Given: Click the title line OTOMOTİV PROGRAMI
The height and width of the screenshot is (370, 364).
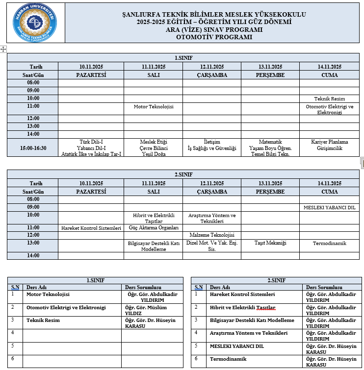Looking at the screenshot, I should (214, 37).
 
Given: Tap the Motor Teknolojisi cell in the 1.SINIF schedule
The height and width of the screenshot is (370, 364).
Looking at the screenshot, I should (154, 106).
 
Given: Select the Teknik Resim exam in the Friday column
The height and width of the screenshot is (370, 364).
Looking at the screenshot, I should (329, 99).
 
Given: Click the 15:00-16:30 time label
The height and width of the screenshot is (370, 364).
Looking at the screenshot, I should (33, 148).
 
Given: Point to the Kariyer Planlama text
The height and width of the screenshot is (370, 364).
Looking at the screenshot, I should (329, 142).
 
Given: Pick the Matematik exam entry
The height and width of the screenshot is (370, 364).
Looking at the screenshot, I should (270, 142).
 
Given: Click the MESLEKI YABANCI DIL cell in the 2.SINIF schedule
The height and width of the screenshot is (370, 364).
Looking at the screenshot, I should (329, 207).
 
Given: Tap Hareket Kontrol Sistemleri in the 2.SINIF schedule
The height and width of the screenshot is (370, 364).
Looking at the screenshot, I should (91, 228).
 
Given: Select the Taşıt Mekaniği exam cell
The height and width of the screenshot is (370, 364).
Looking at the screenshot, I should (270, 243).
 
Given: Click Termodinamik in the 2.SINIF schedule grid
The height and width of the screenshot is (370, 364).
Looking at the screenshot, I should (329, 243).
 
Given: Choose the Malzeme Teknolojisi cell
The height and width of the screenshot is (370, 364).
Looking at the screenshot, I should (212, 235).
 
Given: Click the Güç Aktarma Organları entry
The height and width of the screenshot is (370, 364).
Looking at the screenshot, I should (153, 228).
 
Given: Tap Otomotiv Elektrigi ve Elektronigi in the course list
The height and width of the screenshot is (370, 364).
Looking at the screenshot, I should (66, 308).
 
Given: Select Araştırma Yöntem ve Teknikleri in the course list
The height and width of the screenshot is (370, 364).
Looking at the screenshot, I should (248, 333).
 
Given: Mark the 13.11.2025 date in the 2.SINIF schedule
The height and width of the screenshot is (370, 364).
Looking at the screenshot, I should (270, 183).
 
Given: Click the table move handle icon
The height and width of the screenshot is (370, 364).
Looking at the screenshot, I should (3, 49).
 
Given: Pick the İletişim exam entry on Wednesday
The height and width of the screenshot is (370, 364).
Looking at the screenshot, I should (212, 142).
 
